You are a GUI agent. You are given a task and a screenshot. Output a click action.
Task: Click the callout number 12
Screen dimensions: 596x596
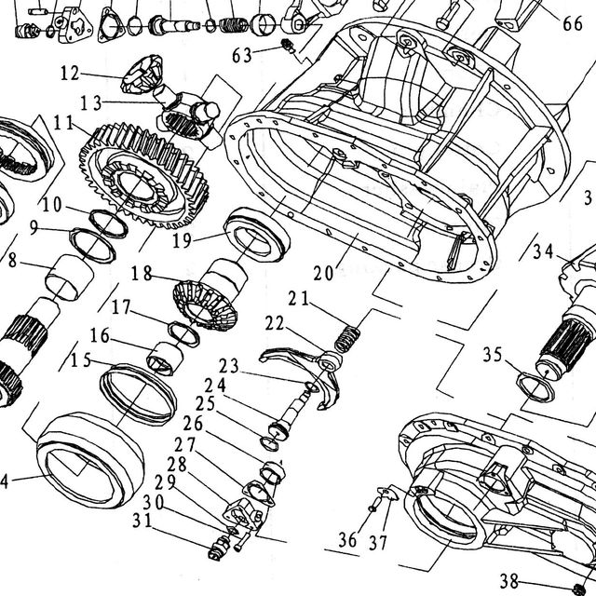(70, 73)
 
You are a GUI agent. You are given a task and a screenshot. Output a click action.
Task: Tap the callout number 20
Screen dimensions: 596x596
(323, 273)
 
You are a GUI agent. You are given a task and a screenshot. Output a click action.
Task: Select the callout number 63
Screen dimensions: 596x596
(242, 56)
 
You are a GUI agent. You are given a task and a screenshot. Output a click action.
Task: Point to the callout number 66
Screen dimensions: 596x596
(573, 23)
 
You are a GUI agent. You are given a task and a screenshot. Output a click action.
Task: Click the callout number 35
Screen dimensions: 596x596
(493, 355)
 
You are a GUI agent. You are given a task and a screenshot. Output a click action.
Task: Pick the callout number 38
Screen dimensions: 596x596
(509, 581)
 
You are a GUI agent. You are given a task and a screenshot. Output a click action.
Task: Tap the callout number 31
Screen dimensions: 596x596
(142, 521)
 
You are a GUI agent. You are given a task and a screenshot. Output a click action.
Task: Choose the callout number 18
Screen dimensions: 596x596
(142, 273)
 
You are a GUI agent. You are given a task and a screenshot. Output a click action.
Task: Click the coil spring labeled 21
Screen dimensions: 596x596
(347, 339)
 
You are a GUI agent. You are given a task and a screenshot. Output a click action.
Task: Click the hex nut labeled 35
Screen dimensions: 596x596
(536, 387)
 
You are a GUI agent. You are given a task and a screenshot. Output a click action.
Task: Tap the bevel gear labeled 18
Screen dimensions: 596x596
(205, 305)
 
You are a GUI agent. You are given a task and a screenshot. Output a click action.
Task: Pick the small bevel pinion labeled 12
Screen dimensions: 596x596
(142, 74)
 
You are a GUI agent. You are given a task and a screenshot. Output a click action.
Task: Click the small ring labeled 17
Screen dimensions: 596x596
(184, 333)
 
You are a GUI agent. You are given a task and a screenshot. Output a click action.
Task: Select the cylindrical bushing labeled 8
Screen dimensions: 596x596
(69, 278)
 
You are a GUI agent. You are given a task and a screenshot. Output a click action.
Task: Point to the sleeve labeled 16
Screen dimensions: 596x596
(165, 358)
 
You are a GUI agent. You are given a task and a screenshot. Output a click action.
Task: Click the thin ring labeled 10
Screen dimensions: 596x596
(108, 223)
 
